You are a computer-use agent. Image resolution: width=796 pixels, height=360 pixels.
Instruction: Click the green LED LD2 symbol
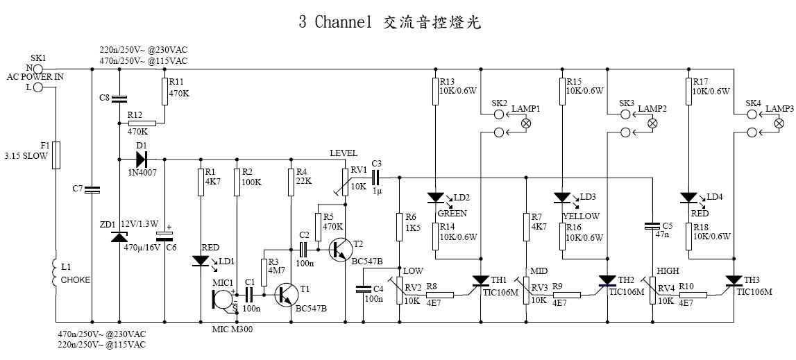(x=435, y=198)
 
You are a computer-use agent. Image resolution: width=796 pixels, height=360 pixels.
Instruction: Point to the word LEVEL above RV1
(x=344, y=152)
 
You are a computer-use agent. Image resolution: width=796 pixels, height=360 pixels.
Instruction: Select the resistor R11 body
(x=164, y=91)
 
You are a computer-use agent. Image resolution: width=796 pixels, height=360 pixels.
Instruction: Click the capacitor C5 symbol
(x=652, y=225)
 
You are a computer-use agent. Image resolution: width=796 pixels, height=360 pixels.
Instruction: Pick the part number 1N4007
(x=142, y=171)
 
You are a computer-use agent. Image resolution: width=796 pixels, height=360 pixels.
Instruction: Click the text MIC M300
(x=232, y=329)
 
